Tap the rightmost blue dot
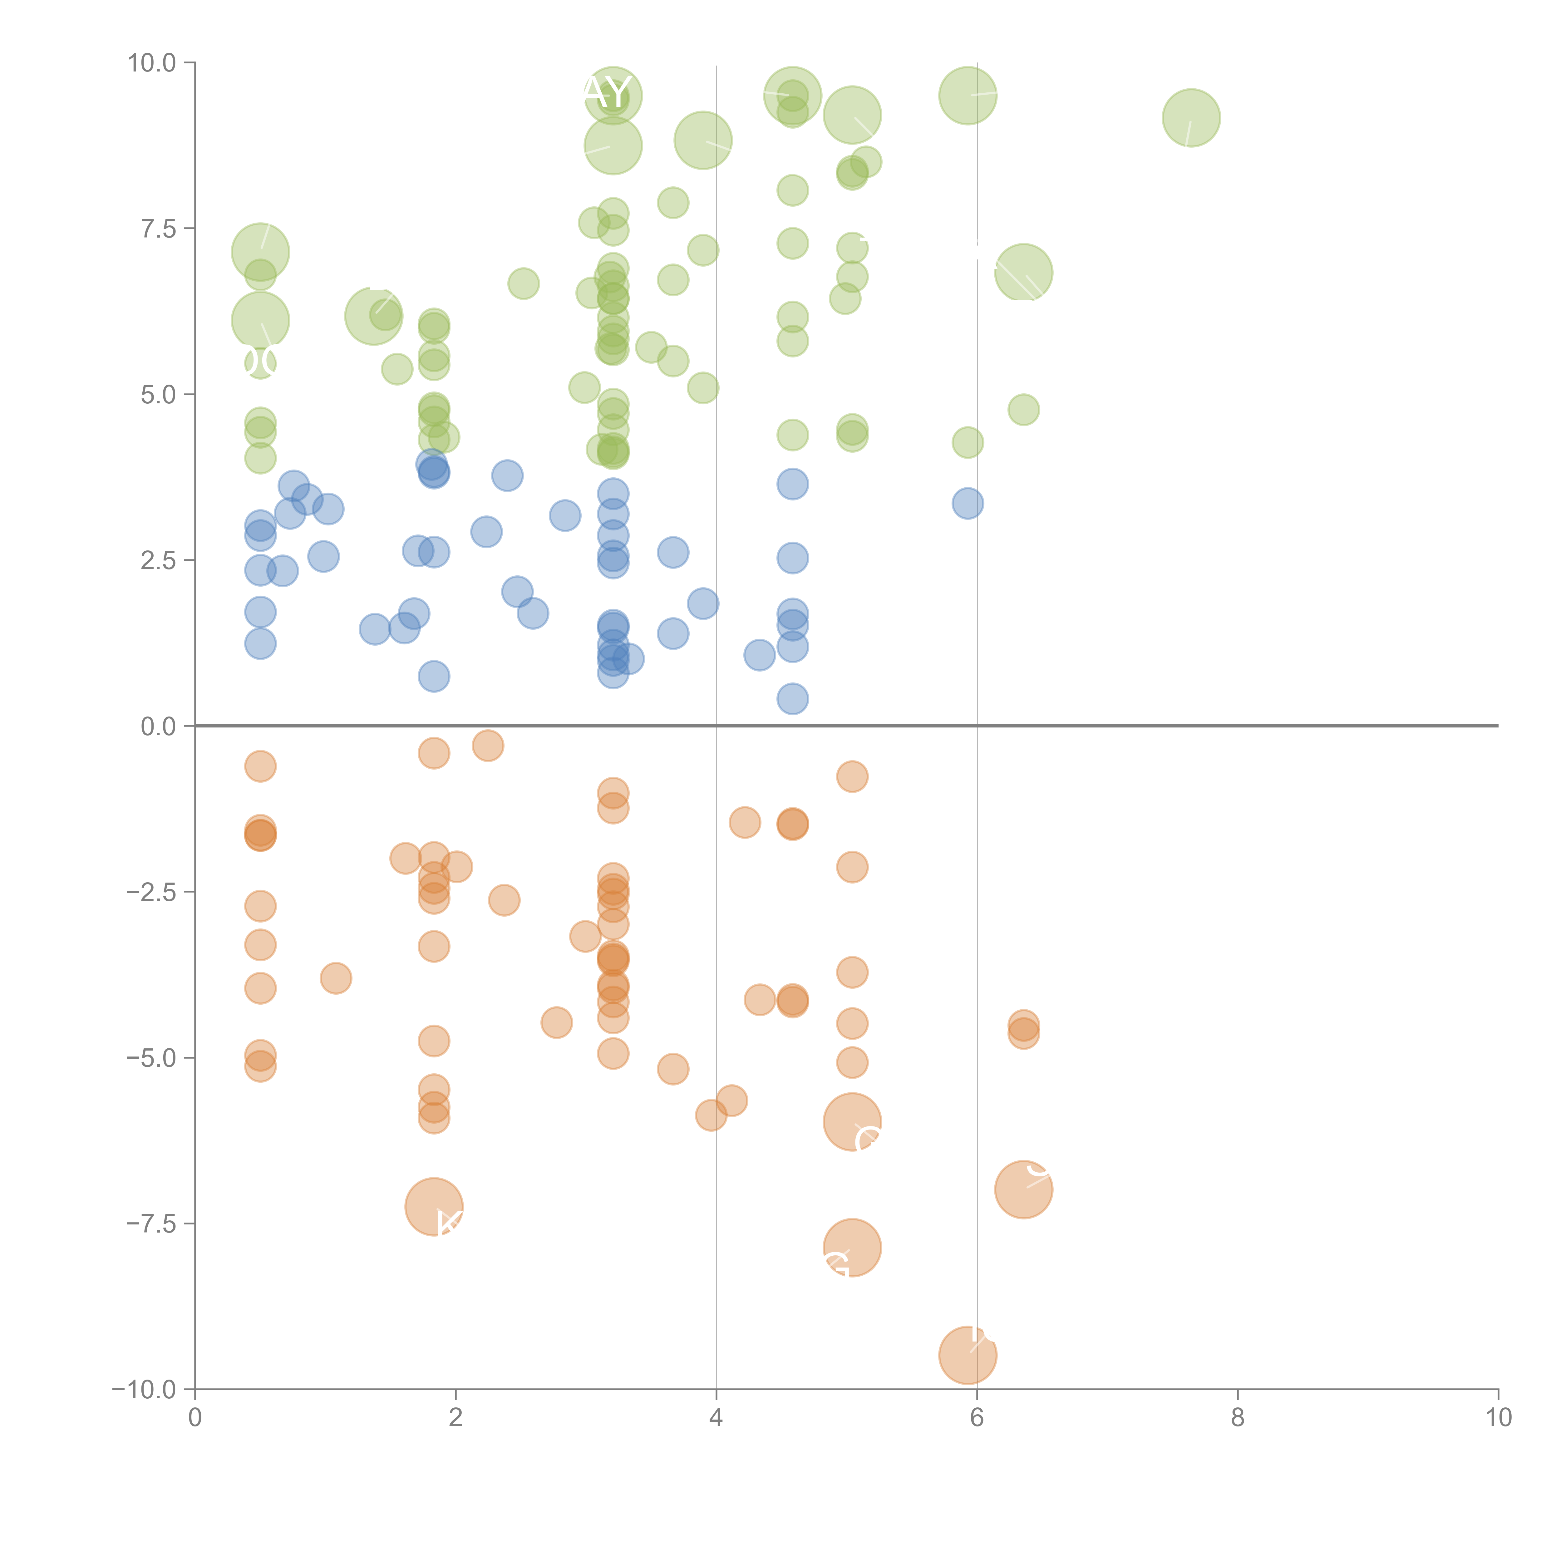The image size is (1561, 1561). (x=967, y=503)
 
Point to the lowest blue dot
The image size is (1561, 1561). (x=793, y=699)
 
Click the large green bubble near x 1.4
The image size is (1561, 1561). (x=373, y=316)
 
